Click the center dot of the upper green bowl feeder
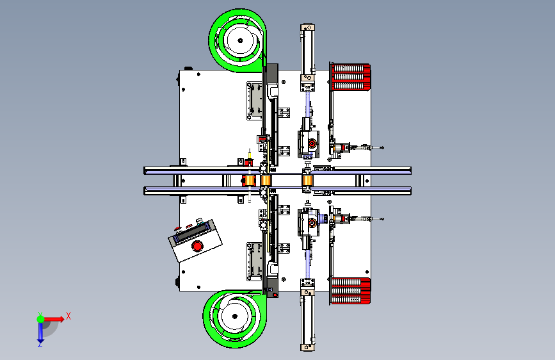[240, 40]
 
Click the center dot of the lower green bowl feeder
[235, 316]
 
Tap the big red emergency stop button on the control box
[197, 245]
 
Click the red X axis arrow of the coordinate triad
[53, 319]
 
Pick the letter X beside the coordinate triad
[68, 316]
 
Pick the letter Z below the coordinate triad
[40, 344]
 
